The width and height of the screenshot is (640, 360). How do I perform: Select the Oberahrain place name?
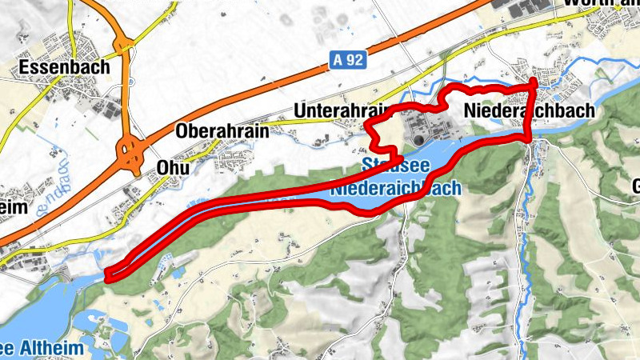click(x=222, y=131)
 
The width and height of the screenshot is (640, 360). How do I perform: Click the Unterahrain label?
click(x=340, y=110)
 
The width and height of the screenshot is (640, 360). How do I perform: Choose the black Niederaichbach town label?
click(x=529, y=111)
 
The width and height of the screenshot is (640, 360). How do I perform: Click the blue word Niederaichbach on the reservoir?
click(x=395, y=189)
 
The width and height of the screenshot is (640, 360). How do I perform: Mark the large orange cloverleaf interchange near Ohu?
click(x=127, y=150)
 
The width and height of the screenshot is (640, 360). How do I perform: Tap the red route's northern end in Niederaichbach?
click(x=535, y=82)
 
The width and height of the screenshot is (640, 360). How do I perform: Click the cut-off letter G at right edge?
click(x=635, y=187)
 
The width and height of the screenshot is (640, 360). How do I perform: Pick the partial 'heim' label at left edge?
click(x=14, y=207)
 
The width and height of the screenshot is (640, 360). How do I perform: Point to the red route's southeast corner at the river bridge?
click(x=527, y=140)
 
